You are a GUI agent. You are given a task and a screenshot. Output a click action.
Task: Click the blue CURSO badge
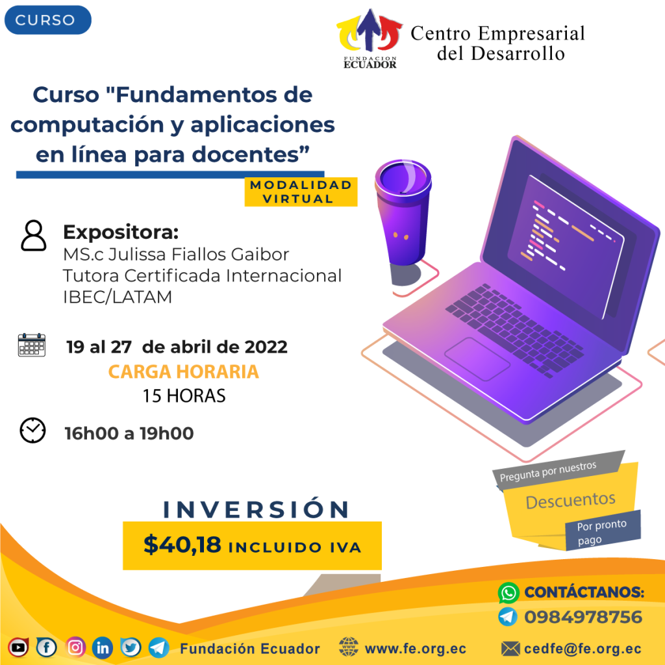tap(48, 20)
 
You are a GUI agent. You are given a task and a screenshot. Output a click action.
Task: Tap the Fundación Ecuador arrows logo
tap(369, 38)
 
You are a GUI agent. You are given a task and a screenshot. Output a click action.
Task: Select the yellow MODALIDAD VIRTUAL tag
tap(301, 192)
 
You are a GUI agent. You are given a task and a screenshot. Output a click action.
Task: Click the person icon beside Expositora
tap(34, 236)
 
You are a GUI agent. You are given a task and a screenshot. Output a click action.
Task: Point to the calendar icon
tap(32, 345)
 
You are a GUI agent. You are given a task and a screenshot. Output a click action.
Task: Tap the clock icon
tap(32, 431)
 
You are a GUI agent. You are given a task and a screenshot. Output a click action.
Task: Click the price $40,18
tap(182, 545)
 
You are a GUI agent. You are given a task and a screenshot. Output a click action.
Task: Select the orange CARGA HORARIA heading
tap(184, 371)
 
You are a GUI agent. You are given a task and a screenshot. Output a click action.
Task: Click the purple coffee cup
tap(403, 213)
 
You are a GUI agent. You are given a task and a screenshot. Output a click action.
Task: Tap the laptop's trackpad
tap(477, 358)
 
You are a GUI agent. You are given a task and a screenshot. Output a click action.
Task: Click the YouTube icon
tap(18, 647)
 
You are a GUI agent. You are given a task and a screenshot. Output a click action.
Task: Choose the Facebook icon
tap(47, 647)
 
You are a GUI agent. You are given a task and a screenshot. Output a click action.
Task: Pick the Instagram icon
tap(75, 647)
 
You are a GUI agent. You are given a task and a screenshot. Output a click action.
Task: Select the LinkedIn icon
tap(103, 647)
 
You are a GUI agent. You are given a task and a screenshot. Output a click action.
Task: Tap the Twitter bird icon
tap(131, 647)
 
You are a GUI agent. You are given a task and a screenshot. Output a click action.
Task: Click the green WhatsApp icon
tap(508, 592)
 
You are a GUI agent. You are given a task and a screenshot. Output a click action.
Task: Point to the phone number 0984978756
tap(583, 617)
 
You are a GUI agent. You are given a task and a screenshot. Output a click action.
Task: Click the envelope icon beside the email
tap(510, 649)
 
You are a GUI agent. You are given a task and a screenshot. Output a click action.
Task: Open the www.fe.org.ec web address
tap(415, 649)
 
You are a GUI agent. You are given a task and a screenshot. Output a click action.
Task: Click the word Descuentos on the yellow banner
tap(570, 501)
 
